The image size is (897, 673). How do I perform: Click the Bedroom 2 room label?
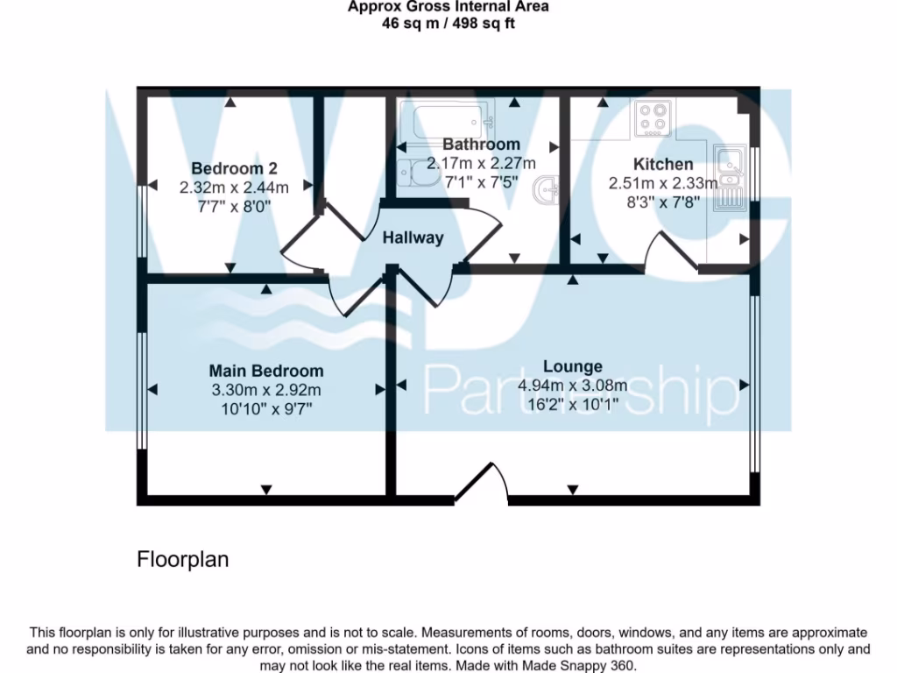coord(234,168)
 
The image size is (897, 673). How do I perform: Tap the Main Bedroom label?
coord(265,371)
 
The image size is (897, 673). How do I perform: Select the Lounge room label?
coord(572,366)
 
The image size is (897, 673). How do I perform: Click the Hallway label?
coord(413,237)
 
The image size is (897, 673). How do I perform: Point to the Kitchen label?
coord(663,164)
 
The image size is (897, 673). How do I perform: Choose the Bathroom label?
coord(481,144)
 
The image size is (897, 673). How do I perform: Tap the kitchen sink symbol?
coord(728,179)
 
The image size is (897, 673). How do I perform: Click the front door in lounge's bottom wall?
coord(482,485)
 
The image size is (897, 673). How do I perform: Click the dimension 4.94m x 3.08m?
coord(572,386)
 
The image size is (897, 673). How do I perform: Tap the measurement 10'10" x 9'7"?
coord(265,408)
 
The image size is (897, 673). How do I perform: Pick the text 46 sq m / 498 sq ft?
coord(448,24)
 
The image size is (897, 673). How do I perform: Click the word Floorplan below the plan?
coord(182,559)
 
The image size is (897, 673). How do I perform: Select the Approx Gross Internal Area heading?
coord(448,7)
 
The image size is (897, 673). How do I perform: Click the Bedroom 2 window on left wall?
coord(140,221)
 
